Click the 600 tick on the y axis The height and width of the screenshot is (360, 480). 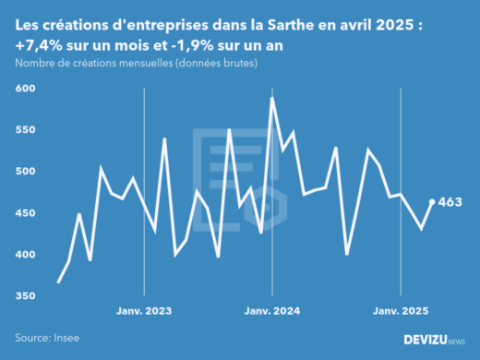pos(25,89)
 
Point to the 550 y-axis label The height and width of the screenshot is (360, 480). pos(25,130)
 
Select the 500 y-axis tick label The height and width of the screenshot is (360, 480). pos(25,172)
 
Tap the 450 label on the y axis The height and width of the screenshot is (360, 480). pos(25,213)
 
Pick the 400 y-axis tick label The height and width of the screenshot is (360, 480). pos(25,255)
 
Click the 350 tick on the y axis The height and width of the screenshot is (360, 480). pos(25,296)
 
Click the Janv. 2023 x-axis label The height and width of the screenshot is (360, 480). pos(144,311)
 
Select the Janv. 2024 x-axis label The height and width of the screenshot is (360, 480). pos(272,311)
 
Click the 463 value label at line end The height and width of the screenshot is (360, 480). pos(450,202)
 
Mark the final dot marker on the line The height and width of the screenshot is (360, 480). pos(432,201)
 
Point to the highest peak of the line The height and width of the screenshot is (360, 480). pos(272,98)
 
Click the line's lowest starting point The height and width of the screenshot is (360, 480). pos(58,282)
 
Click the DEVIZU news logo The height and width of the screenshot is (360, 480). pos(435,340)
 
